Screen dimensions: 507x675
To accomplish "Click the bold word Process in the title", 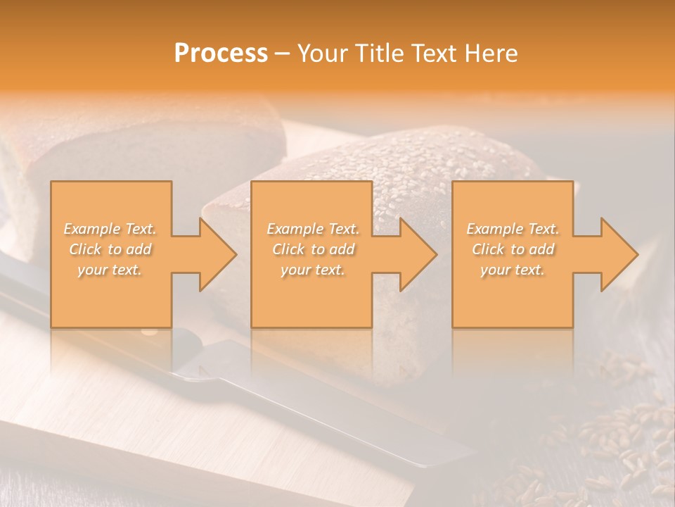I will click(221, 54).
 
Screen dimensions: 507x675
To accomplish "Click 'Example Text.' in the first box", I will click(110, 229).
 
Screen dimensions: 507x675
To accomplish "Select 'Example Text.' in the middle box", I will click(313, 229).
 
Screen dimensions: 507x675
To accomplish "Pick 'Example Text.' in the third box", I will click(513, 229).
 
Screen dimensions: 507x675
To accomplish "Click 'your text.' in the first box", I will click(110, 270).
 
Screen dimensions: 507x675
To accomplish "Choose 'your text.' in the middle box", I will click(313, 270).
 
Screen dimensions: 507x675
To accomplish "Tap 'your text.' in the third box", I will click(513, 270).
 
